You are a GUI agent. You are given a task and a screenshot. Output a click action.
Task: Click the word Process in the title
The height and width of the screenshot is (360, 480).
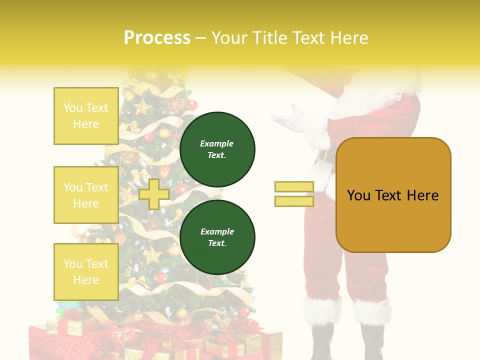[157, 38]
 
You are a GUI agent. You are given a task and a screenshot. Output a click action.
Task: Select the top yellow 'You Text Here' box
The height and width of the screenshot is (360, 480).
[86, 116]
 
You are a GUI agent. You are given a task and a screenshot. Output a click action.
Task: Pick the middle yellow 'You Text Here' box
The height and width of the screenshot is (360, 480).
[86, 195]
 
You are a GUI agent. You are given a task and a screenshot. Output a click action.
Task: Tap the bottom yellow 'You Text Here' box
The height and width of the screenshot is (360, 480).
[86, 271]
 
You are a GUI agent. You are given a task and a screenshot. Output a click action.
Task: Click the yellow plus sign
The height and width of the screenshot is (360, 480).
[154, 194]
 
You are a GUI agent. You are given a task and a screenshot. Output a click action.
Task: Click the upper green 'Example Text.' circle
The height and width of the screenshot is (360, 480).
[217, 149]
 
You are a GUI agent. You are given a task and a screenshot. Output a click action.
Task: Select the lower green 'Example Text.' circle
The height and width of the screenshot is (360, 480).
[217, 237]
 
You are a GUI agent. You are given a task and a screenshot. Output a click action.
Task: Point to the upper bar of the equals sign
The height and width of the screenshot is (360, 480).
[294, 186]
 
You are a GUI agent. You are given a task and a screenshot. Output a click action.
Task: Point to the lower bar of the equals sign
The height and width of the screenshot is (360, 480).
[294, 201]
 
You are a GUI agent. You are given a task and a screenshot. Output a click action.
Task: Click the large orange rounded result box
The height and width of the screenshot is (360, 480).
[393, 195]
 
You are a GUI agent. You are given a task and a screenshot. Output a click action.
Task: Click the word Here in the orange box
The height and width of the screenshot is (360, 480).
[422, 195]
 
